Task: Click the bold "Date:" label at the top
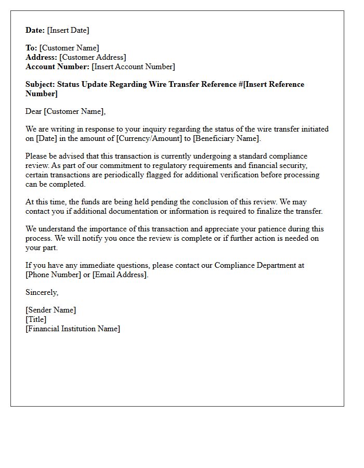[35, 30]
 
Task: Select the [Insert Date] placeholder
[68, 30]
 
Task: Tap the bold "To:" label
[31, 48]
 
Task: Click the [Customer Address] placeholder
[93, 57]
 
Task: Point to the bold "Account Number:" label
[57, 67]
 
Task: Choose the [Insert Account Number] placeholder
[133, 67]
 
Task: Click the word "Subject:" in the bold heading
[40, 84]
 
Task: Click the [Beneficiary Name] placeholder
[226, 138]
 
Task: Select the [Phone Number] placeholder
[54, 275]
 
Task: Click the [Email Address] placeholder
[120, 275]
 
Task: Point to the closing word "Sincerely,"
[42, 292]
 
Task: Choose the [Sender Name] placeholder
[50, 310]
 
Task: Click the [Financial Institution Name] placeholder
[73, 329]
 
